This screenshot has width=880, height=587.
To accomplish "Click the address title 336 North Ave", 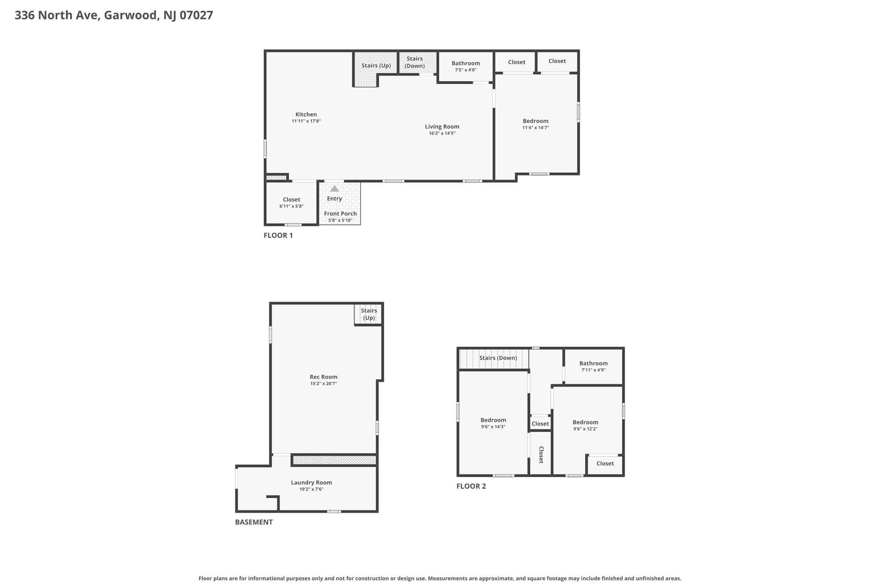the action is click(114, 15).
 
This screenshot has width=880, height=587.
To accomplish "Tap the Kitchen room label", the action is click(306, 114).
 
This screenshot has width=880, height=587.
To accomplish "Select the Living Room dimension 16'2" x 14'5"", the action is click(442, 133).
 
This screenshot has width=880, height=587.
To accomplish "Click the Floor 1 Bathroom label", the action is click(465, 63).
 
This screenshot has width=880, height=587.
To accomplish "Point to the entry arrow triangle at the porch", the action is click(334, 188).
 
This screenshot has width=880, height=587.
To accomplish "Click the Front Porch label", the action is click(340, 214).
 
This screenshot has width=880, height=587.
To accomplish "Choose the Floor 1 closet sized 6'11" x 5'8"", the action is click(291, 203).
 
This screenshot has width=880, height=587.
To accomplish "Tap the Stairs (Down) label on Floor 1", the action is click(415, 62).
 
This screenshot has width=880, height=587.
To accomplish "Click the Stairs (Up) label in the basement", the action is click(369, 314).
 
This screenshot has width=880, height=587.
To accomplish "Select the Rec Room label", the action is click(324, 377).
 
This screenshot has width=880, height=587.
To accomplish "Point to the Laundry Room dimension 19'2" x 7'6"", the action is click(311, 489).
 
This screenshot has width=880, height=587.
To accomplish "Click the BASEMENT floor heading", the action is click(254, 522).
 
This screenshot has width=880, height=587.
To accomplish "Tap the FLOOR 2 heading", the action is click(471, 486).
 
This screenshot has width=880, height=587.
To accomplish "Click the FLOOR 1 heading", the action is click(278, 235).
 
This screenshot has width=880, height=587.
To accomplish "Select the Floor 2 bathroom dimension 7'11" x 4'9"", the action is click(593, 370).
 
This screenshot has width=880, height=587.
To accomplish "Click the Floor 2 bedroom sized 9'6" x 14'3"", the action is click(493, 423).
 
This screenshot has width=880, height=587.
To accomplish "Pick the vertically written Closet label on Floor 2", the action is click(541, 455).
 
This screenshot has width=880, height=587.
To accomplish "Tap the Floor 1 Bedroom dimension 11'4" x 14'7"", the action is click(535, 128).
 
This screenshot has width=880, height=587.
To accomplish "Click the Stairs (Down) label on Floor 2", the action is click(498, 358).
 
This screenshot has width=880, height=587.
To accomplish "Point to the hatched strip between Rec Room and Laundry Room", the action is click(334, 460).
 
